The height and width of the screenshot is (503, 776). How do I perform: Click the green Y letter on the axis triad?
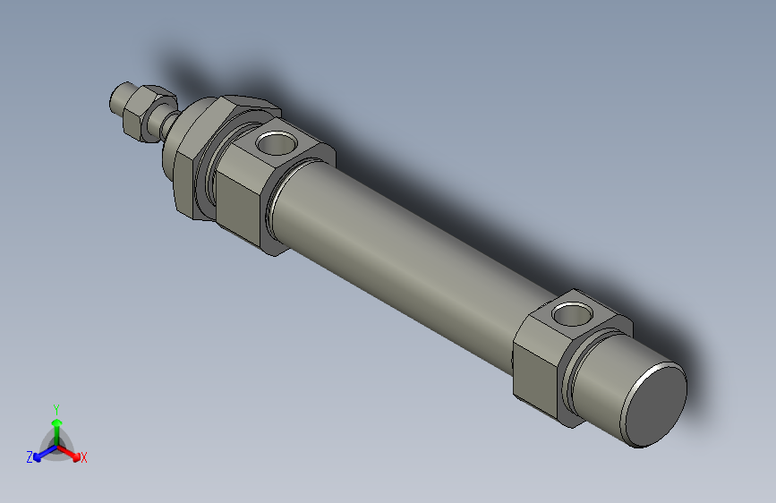click(x=55, y=407)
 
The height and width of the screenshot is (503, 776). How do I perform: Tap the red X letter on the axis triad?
click(x=84, y=458)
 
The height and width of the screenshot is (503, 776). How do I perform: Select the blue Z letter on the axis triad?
click(x=29, y=457)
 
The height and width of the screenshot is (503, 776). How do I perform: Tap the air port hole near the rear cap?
click(x=572, y=314)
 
